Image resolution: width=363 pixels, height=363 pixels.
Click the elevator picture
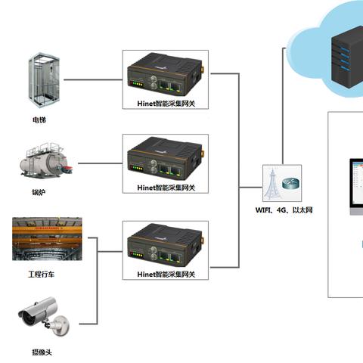pos(44,80)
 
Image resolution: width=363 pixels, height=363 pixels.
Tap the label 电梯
pos(39,119)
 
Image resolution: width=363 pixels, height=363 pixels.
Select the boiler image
pos(46,160)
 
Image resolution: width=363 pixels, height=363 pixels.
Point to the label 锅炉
pos(39,193)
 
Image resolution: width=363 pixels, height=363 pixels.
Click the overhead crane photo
pos(47,239)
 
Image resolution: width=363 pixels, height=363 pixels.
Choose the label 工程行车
pos(41,275)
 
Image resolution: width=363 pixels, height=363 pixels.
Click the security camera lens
pos(28,318)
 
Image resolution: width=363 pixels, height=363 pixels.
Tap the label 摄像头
pos(42,352)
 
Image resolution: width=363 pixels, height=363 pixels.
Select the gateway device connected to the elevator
pos(166,74)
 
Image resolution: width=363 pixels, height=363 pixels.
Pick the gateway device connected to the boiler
pos(166,159)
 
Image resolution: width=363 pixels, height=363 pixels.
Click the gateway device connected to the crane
pos(166,245)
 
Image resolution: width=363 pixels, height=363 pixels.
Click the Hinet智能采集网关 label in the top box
pos(166,104)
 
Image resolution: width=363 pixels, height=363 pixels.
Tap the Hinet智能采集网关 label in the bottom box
pos(166,275)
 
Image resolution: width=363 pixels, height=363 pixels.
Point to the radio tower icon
pos(272,184)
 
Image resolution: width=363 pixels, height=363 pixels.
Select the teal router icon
pos(290,184)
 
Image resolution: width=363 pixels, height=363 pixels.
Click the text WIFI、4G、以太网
pos(284,210)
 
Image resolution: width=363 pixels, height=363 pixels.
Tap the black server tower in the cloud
pos(347,57)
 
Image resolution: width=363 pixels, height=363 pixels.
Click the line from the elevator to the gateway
pos(93,79)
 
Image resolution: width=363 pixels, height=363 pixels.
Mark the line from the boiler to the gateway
pos(101,163)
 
